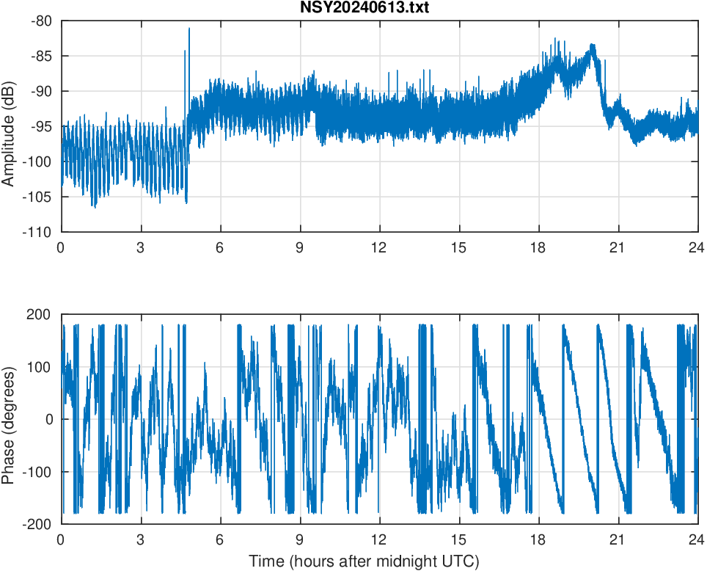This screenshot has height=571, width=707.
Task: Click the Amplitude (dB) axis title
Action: [x=8, y=126]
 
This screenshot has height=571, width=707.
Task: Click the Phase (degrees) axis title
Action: [x=8, y=419]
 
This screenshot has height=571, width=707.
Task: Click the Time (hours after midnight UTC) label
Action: [x=364, y=561]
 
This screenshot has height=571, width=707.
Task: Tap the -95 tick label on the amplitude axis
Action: [x=41, y=126]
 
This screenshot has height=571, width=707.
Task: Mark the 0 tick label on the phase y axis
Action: [x=48, y=419]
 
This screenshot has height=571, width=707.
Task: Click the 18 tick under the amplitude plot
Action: [x=538, y=247]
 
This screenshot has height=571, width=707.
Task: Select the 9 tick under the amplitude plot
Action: [x=299, y=247]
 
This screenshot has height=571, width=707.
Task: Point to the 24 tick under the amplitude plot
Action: [x=697, y=247]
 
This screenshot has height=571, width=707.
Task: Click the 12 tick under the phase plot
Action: [x=379, y=539]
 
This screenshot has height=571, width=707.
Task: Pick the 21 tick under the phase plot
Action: [x=618, y=539]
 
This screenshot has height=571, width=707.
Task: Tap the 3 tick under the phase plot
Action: [x=140, y=539]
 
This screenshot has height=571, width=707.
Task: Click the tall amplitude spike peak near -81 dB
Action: [x=188, y=29]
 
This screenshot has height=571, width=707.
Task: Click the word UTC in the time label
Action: [x=462, y=561]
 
